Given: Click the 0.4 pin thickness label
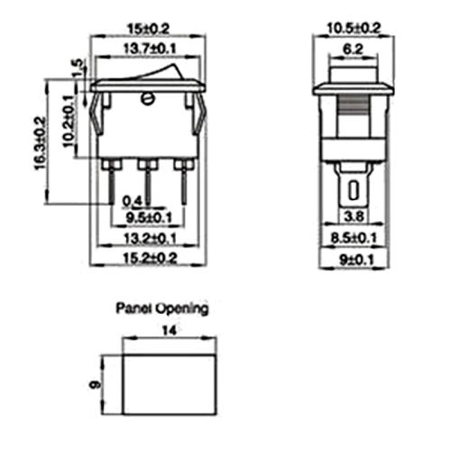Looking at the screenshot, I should pyautogui.click(x=133, y=200).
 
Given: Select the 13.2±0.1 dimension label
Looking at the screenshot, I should pyautogui.click(x=150, y=238).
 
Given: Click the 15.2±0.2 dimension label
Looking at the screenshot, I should pyautogui.click(x=150, y=259).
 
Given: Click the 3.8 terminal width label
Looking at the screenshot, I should pyautogui.click(x=355, y=216).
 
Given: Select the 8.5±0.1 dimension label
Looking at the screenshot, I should pyautogui.click(x=355, y=238).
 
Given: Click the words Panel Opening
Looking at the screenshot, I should pyautogui.click(x=161, y=308).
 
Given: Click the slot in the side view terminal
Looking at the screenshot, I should pyautogui.click(x=354, y=190).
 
